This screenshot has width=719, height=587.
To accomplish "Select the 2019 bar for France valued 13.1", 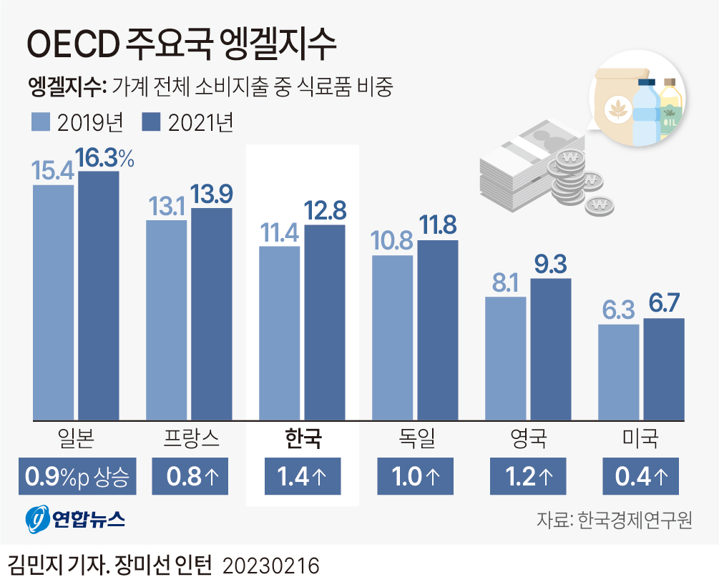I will [x=166, y=320].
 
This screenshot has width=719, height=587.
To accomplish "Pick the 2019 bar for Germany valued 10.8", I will [x=392, y=337].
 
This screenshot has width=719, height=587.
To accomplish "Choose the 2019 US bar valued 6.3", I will [x=618, y=372].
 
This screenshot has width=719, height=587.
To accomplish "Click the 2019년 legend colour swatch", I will [x=40, y=122].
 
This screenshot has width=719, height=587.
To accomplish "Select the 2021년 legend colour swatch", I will [x=151, y=122].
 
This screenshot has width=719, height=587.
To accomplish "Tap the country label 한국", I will [x=302, y=438].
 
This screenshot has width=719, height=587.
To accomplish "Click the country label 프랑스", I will [x=190, y=438].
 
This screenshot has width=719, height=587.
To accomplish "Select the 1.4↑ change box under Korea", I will [x=302, y=476].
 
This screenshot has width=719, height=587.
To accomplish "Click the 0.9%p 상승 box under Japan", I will [x=77, y=476].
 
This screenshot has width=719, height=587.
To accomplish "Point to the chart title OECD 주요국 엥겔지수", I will [x=181, y=44].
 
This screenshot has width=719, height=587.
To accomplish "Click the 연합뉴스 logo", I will [x=76, y=519].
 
